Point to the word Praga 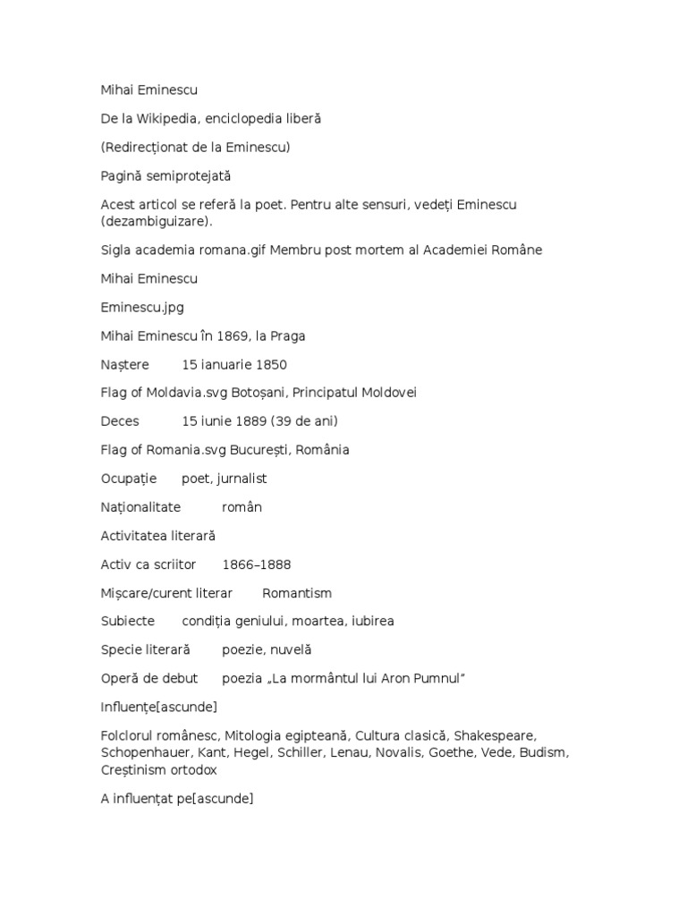[288, 335]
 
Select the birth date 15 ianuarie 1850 [234, 364]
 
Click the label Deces [121, 421]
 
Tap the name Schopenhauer [146, 752]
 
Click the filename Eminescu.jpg [141, 307]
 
